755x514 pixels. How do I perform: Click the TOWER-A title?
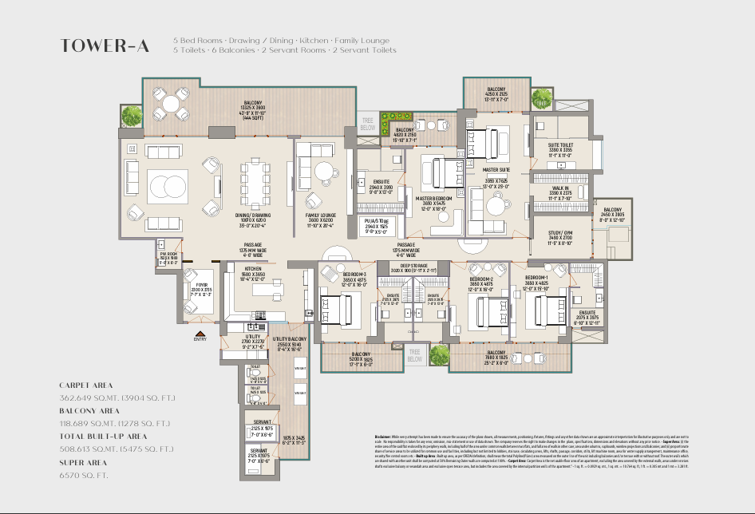[x=104, y=45]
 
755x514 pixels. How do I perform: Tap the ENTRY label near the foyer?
[x=200, y=338]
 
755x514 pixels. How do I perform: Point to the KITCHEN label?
[x=253, y=269]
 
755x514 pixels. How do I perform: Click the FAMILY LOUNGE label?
[x=320, y=215]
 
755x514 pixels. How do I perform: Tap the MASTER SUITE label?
[x=496, y=169]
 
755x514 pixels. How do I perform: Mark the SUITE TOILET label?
[x=559, y=145]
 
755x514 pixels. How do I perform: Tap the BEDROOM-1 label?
[x=536, y=275]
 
